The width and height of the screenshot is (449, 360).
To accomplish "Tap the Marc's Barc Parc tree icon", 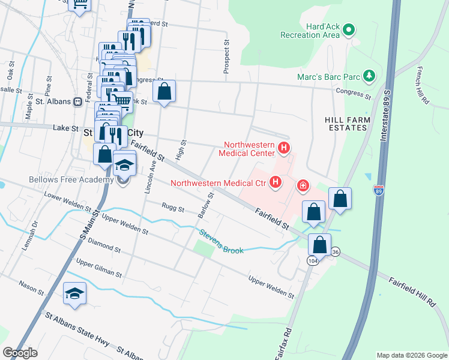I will click(x=370, y=76).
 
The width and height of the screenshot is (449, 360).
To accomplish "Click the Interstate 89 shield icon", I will click(x=378, y=190).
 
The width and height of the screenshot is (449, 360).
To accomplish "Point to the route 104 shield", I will click(x=312, y=261).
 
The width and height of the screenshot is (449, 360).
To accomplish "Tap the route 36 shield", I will click(x=335, y=253).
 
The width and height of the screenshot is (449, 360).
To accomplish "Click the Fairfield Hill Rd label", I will click(x=412, y=292).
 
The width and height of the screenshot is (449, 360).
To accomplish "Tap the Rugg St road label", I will click(x=173, y=208).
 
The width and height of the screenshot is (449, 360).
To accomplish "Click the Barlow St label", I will click(x=206, y=206).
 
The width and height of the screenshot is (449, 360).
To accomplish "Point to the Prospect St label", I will click(x=226, y=57).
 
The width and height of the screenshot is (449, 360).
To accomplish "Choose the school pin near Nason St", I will click(x=74, y=293).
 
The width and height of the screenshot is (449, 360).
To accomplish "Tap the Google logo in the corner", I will click(x=20, y=353).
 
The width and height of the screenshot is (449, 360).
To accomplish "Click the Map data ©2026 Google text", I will click(x=411, y=355).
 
